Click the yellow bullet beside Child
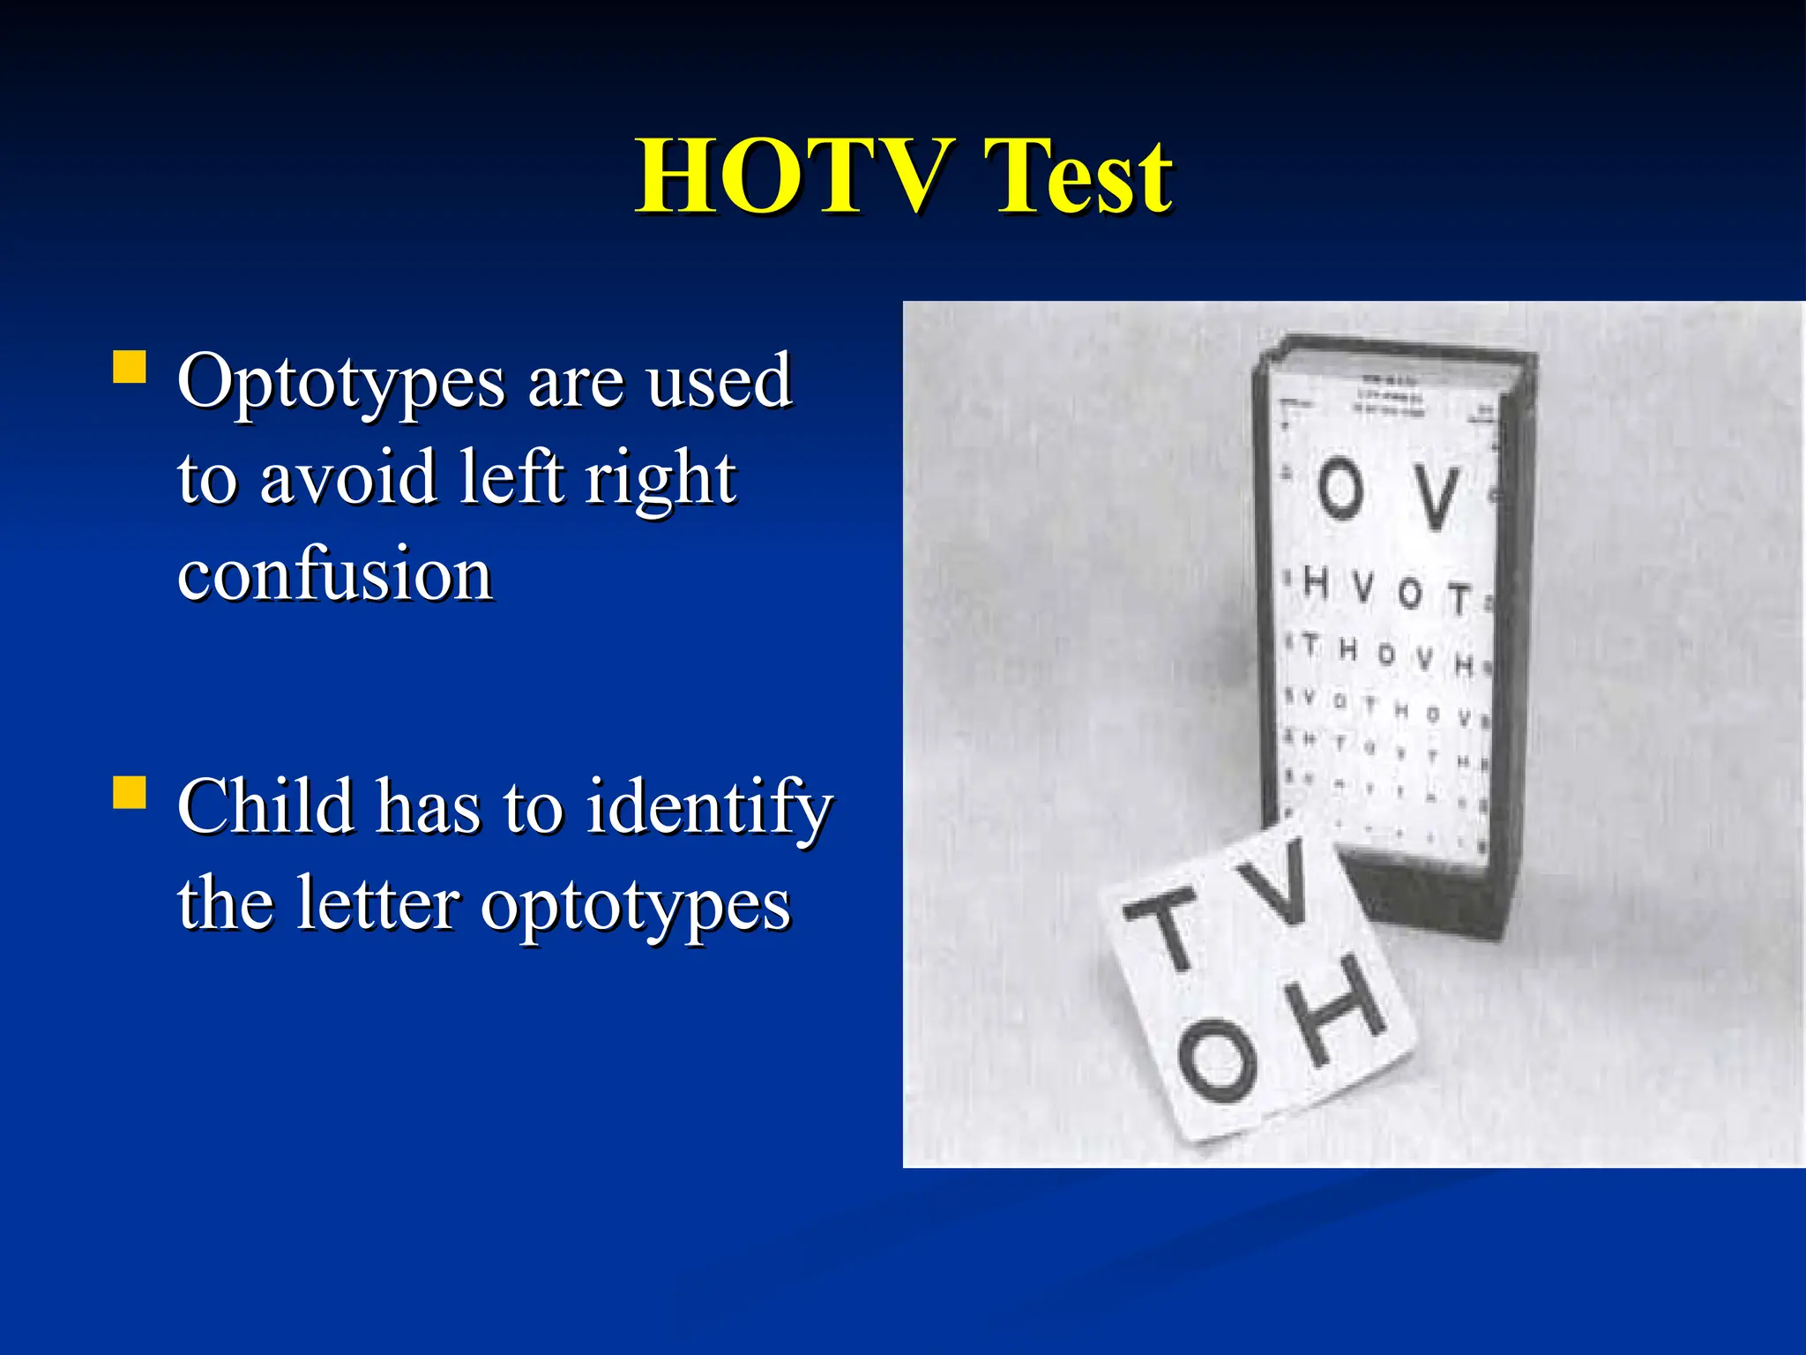[130, 792]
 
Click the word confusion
[334, 575]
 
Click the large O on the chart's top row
[1340, 489]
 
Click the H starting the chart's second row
[1317, 582]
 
